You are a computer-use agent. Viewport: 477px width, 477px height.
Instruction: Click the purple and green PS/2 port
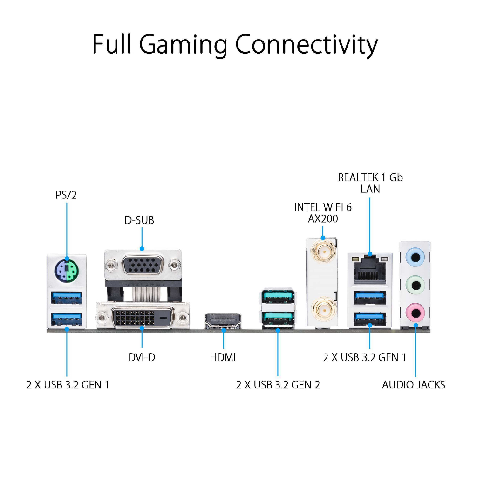(67, 270)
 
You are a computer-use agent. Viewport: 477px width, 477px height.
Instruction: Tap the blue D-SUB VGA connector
(142, 266)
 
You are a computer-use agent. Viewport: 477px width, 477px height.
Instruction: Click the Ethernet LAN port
(370, 271)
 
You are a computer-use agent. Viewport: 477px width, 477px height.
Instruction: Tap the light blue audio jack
(415, 257)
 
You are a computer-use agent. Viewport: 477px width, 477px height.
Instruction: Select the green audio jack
(415, 284)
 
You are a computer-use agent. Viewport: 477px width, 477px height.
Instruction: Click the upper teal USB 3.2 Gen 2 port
(278, 296)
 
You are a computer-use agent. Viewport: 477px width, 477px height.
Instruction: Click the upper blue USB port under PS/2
(67, 296)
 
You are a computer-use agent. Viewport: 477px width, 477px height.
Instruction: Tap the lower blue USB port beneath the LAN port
(370, 318)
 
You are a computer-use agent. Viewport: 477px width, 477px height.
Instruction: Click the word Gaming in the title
(184, 45)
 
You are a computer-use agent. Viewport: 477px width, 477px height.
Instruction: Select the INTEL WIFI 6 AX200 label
(322, 213)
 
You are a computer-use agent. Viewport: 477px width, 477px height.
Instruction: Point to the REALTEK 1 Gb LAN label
(370, 183)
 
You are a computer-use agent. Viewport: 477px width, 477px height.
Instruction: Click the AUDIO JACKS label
(413, 385)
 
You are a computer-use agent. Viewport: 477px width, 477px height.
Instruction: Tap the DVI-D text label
(142, 358)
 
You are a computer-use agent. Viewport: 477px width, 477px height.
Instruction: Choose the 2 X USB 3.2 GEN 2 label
(278, 385)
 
